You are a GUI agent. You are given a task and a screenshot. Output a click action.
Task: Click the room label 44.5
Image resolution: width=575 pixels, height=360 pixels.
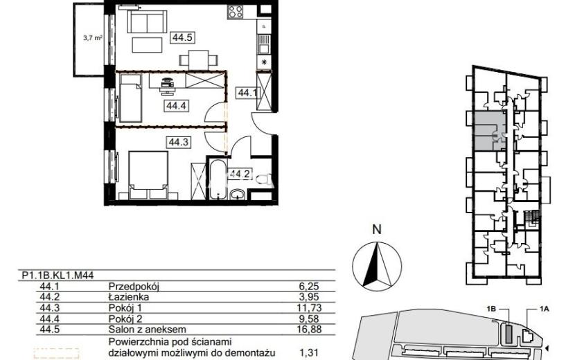pyautogui.click(x=182, y=37)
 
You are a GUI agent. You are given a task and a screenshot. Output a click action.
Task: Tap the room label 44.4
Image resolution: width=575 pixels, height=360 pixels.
pyautogui.click(x=177, y=106)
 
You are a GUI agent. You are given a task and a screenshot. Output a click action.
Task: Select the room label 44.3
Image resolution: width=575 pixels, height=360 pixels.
pyautogui.click(x=179, y=142)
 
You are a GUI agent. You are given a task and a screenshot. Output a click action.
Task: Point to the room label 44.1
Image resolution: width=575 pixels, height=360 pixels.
pyautogui.click(x=247, y=93)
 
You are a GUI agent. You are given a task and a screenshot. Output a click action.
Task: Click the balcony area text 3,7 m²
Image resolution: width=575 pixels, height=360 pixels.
pyautogui.click(x=92, y=37)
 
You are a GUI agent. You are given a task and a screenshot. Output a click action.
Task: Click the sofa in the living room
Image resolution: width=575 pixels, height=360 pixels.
pyautogui.click(x=147, y=22)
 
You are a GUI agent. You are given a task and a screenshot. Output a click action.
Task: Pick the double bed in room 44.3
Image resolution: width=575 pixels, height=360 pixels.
pyautogui.click(x=148, y=175)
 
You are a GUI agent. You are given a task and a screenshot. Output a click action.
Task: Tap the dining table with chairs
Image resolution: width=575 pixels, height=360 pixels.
pyautogui.click(x=198, y=60)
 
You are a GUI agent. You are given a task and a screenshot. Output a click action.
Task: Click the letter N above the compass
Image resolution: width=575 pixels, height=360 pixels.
pyautogui.click(x=377, y=229)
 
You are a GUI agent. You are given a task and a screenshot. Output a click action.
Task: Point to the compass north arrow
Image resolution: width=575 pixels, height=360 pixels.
pyautogui.click(x=377, y=265)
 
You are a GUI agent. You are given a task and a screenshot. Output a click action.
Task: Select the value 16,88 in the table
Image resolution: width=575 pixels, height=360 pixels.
pyautogui.click(x=310, y=330)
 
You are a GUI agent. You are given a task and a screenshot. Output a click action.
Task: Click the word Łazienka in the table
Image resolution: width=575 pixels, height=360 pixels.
pyautogui.click(x=129, y=297)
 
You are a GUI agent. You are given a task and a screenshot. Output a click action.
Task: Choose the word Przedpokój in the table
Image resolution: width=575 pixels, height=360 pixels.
pyautogui.click(x=134, y=287)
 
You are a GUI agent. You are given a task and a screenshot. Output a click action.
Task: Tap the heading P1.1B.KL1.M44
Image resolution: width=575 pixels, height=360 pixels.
pyautogui.click(x=58, y=276)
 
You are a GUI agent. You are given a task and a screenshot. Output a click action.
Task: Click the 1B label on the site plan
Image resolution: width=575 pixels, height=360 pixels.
pyautogui.click(x=491, y=309)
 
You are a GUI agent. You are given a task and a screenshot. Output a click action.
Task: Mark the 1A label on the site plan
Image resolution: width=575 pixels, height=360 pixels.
pyautogui.click(x=545, y=309)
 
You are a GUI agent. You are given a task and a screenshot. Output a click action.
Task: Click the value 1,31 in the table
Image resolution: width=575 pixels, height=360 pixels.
pyautogui.click(x=309, y=353)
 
